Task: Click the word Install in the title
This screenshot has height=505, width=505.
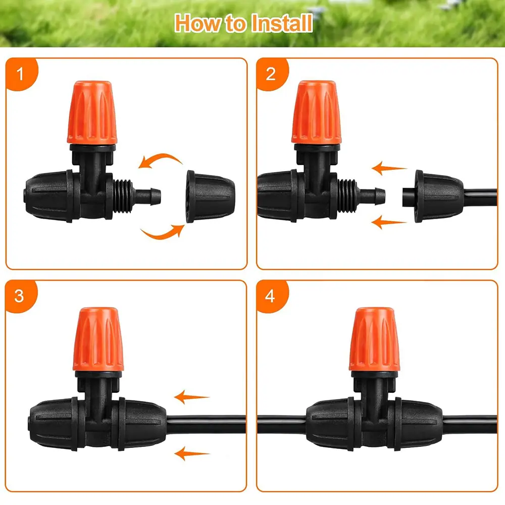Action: point(282,23)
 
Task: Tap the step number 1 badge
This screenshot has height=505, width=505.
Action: point(21,74)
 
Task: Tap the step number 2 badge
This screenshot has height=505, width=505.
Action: point(271,74)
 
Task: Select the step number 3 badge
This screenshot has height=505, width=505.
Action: point(20,295)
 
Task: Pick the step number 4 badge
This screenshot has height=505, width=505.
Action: point(271,295)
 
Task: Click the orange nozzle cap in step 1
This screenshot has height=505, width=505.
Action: point(92,112)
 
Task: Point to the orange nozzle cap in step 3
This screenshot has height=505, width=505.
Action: point(98,339)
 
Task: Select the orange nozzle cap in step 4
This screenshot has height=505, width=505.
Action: point(374,339)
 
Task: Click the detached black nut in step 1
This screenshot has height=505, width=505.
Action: point(210,196)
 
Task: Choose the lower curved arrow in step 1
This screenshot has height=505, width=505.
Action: point(162,233)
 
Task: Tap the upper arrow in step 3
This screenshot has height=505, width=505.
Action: point(191,397)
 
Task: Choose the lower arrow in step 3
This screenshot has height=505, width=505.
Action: point(191,453)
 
